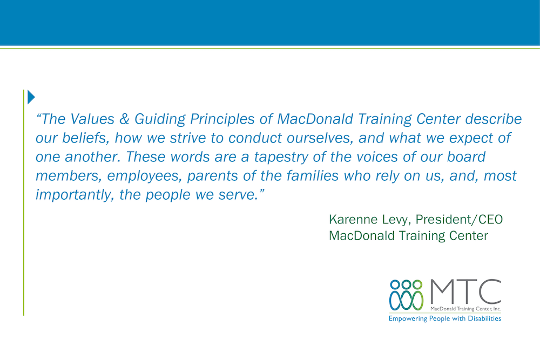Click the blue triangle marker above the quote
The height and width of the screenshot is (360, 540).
pyautogui.click(x=31, y=97)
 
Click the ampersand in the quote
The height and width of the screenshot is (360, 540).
pyautogui.click(x=124, y=119)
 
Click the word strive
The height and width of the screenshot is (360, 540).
pyautogui.click(x=188, y=138)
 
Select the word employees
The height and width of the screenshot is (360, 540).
pyautogui.click(x=144, y=176)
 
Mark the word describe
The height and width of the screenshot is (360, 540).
pyautogui.click(x=494, y=119)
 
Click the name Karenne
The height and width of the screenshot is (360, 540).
pyautogui.click(x=353, y=219)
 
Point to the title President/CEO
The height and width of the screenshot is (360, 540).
pyautogui.click(x=459, y=219)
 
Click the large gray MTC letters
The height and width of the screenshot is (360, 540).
pyautogui.click(x=465, y=292)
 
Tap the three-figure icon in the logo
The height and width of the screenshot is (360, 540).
pyautogui.click(x=407, y=295)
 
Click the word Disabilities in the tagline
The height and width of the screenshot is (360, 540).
pyautogui.click(x=484, y=318)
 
